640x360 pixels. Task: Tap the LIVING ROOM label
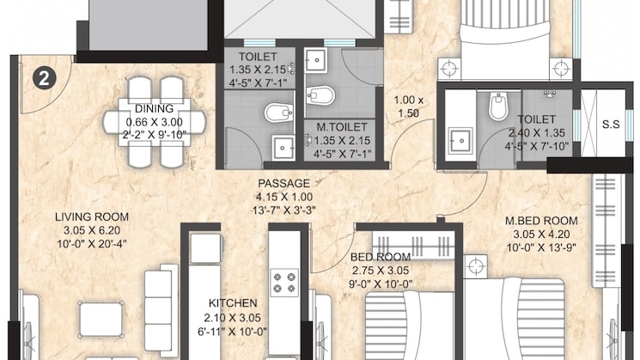[x=92, y=217]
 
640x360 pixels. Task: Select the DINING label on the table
[x=154, y=108]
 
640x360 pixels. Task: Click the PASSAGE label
[x=283, y=183]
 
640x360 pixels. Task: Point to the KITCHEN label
[x=233, y=303]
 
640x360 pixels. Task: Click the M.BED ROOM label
[x=541, y=221]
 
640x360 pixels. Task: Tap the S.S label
[x=611, y=125]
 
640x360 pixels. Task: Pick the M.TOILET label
[x=342, y=127]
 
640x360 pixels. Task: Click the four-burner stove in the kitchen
[x=284, y=283]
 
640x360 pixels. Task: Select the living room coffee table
[x=101, y=319]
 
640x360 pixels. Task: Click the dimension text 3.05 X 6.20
[x=92, y=230]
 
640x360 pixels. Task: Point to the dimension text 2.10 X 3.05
[x=233, y=317]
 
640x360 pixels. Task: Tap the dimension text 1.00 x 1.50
[x=409, y=107]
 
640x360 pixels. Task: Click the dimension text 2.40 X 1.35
[x=537, y=132]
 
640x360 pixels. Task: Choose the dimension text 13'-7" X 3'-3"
[x=284, y=211]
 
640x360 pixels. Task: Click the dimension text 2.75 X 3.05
[x=381, y=270]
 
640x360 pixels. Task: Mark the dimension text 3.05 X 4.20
[x=541, y=235]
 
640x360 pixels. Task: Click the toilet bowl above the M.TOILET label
[x=320, y=96]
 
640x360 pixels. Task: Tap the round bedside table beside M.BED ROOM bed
[x=476, y=266]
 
